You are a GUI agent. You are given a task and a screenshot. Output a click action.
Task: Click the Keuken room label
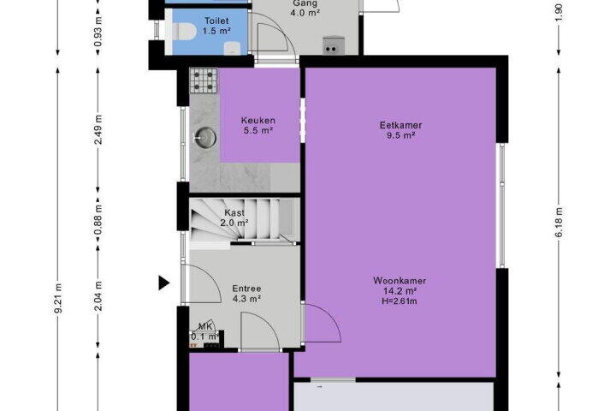point(258,121)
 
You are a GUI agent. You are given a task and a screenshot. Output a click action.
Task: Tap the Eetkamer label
point(400,125)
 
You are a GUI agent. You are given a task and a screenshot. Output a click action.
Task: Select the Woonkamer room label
point(400,281)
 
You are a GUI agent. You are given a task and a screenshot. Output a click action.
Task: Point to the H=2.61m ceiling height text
point(400,301)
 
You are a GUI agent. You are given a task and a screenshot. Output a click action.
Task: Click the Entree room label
point(246,289)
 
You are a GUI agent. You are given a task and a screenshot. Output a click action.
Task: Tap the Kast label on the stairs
point(234,212)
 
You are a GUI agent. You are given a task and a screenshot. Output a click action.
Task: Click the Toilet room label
point(216,21)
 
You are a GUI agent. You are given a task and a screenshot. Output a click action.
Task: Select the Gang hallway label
point(305,3)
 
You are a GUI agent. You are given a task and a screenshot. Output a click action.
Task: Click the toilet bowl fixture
point(184,32)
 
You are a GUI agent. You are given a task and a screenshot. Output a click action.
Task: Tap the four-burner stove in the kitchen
point(204,81)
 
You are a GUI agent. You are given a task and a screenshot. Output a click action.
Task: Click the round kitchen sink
point(205,138)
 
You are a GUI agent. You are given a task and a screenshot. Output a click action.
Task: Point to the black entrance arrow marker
point(163,283)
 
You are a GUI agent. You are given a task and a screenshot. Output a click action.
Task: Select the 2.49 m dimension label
point(98,129)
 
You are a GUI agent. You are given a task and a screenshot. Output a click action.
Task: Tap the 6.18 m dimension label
point(559,223)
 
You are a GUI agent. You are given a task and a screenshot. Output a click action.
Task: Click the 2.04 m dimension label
point(98,295)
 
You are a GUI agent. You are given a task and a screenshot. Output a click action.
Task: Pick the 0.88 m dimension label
point(98,220)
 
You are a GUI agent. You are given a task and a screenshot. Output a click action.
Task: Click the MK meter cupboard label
point(205,326)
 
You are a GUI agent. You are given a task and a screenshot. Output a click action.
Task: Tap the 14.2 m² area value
point(400,291)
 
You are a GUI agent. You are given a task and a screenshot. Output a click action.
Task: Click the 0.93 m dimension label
point(98,31)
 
